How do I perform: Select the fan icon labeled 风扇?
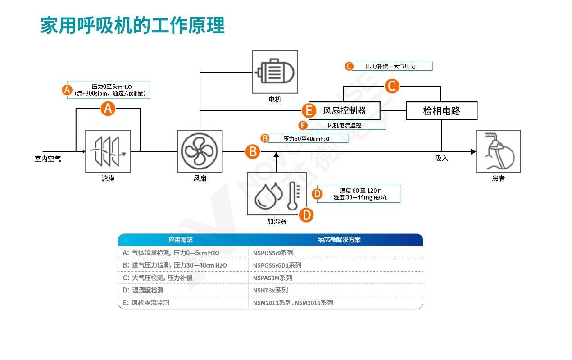click(200, 151)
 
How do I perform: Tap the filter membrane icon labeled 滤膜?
click(108, 151)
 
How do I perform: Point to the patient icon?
click(498, 151)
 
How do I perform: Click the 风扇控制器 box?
click(345, 110)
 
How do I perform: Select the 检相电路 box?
click(441, 110)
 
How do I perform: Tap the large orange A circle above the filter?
click(108, 108)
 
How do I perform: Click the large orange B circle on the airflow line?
click(253, 151)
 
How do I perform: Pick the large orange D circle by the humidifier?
click(306, 214)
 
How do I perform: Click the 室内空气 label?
click(48, 159)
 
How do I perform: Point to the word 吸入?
click(441, 158)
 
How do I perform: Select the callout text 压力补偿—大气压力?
click(390, 66)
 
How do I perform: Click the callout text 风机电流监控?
click(344, 125)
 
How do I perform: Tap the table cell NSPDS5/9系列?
click(273, 253)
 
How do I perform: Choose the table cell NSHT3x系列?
click(271, 290)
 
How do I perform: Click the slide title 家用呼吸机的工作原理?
click(132, 26)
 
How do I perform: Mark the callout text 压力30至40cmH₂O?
click(306, 138)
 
